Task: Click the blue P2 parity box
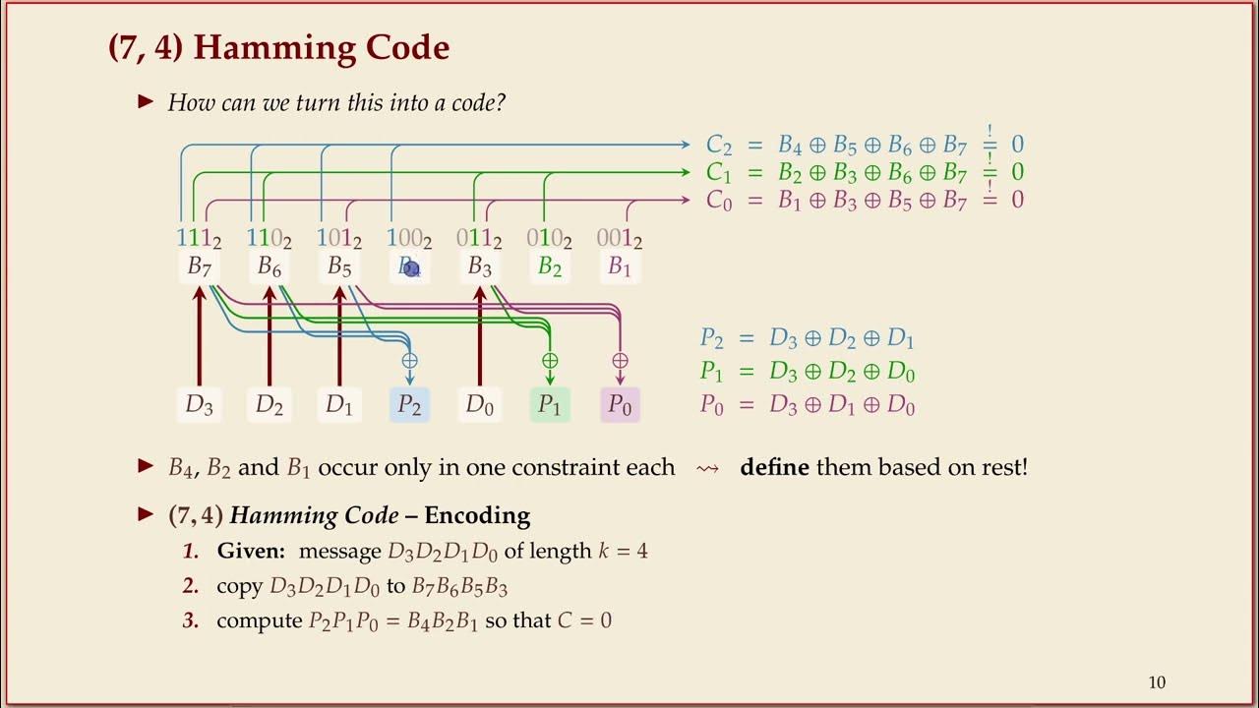(409, 404)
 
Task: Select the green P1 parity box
(550, 404)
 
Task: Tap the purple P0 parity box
(620, 404)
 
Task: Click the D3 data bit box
(199, 404)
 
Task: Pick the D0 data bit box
(480, 404)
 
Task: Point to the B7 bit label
(199, 266)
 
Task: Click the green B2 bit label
(550, 266)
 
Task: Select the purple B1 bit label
(619, 266)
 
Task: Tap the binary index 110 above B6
(269, 238)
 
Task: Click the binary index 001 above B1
(620, 238)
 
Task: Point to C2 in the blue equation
(719, 146)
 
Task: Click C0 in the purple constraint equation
(719, 201)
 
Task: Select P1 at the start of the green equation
(711, 372)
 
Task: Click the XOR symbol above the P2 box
(409, 361)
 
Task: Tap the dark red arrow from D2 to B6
(269, 334)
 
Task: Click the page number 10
(1157, 682)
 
